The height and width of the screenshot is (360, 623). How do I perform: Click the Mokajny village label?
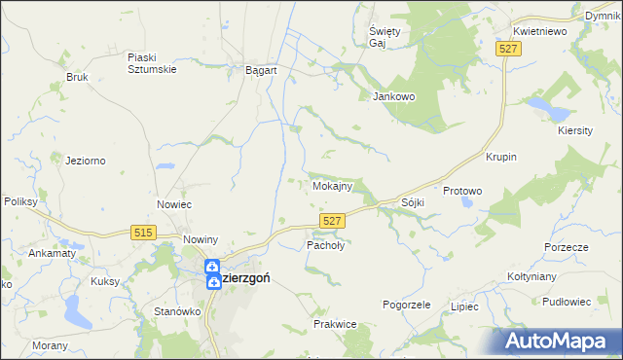tap(338, 185)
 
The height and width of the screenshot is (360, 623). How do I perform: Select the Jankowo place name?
tap(394, 96)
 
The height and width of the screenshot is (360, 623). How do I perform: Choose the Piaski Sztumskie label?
tap(149, 62)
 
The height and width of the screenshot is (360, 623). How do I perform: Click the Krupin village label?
tap(500, 157)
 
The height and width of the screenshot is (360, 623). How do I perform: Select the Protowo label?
tap(462, 192)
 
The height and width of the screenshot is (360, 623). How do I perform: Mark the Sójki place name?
tap(413, 202)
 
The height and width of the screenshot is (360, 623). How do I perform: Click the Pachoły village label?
tap(326, 246)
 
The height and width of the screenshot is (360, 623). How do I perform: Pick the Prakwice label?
tap(334, 323)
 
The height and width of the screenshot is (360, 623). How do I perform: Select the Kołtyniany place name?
tap(531, 276)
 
